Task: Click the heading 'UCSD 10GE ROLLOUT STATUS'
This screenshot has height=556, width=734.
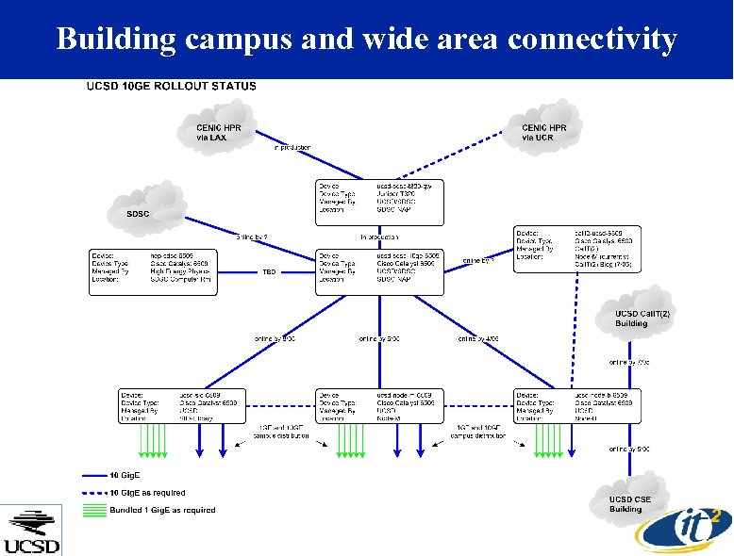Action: point(171,86)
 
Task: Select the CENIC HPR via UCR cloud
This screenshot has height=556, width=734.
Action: point(544,131)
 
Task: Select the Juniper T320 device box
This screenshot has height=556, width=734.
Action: point(378,201)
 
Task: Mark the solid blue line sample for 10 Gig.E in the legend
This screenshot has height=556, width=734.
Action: point(95,476)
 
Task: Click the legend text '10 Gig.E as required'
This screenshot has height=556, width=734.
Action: point(148,492)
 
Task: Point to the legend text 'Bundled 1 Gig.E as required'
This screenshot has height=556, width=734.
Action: point(163,510)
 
